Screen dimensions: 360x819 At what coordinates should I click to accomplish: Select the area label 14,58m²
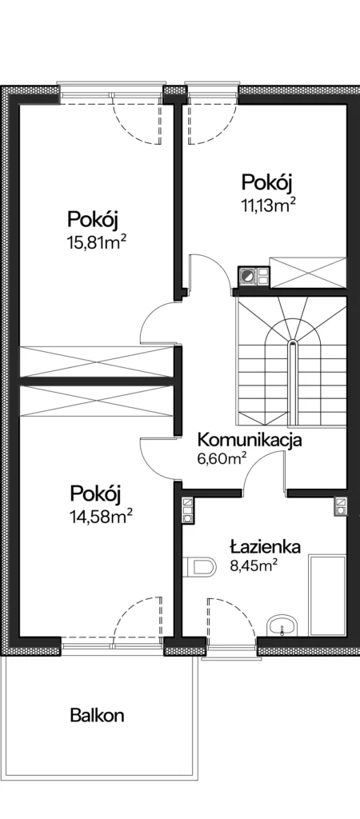click(100, 516)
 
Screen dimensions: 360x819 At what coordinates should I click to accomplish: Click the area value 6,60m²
click(222, 459)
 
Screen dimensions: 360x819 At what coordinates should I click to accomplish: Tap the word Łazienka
click(266, 546)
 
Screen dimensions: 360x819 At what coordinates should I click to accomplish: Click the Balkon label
click(97, 715)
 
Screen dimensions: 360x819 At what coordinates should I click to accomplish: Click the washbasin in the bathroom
click(282, 625)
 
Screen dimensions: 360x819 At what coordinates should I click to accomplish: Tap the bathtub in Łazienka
click(327, 596)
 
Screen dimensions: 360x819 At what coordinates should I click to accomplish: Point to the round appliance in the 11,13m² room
click(248, 276)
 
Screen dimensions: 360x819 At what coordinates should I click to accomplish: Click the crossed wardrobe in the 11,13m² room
click(307, 272)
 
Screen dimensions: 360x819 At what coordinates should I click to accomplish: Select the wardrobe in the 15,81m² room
click(97, 362)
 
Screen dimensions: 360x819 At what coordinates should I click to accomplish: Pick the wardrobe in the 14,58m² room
click(97, 402)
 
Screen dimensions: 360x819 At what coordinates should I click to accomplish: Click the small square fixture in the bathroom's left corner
click(187, 510)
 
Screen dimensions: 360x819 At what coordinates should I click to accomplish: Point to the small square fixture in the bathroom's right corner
click(341, 505)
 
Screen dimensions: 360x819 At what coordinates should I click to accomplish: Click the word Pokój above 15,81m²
click(93, 220)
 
